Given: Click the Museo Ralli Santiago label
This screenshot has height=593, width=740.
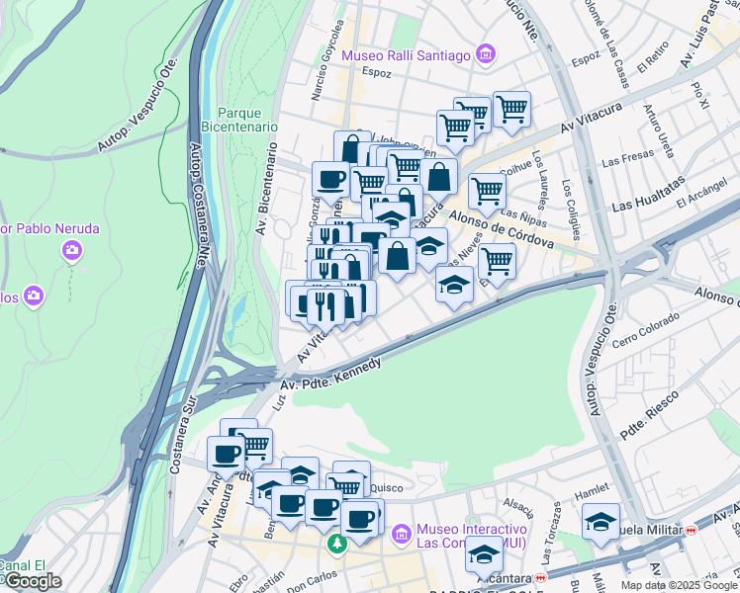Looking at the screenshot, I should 406,55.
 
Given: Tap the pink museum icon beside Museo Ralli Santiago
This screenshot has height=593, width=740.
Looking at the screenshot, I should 485,54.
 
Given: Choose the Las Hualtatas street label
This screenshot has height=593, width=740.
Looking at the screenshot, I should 648,195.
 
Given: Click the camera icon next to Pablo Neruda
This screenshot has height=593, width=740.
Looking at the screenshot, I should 71,251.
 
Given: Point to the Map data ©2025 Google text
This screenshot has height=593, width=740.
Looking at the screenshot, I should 678,585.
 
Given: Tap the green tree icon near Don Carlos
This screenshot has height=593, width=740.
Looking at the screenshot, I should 337,545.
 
